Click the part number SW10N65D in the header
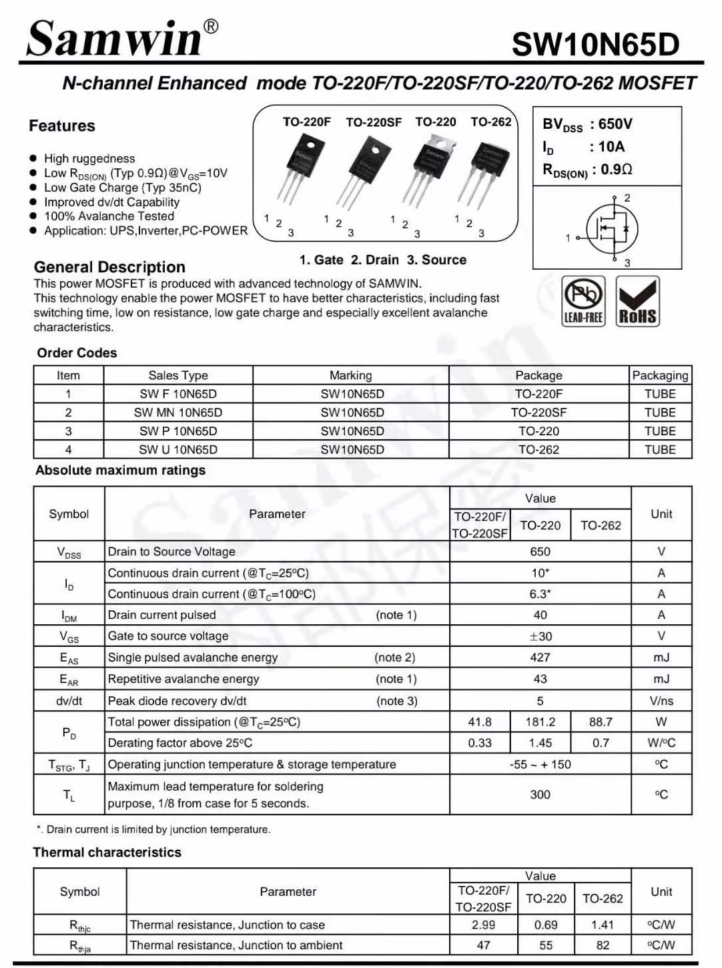click(595, 45)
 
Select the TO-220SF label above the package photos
click(374, 123)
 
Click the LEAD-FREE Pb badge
click(583, 301)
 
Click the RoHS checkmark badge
click(637, 301)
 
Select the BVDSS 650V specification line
click(587, 124)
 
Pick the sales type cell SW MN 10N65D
click(178, 413)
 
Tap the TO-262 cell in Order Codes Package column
click(538, 450)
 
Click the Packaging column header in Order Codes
click(660, 375)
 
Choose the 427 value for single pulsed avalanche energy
click(540, 658)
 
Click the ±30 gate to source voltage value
click(540, 636)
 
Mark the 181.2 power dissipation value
click(540, 722)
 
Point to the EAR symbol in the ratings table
click(69, 680)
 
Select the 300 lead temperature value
click(540, 794)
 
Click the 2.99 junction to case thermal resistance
click(483, 925)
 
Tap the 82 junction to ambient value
click(603, 945)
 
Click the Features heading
click(62, 126)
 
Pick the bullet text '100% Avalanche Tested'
click(109, 216)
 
